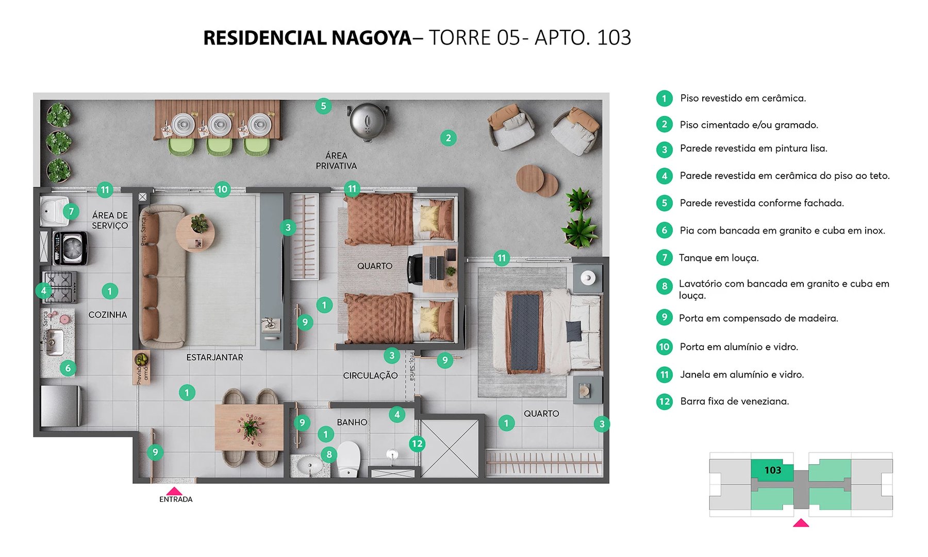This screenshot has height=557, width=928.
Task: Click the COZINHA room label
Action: (107, 315)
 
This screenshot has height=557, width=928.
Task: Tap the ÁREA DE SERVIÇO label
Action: (110, 220)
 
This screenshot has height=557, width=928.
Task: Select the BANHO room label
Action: (352, 422)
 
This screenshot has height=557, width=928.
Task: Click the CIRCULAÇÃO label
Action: (370, 375)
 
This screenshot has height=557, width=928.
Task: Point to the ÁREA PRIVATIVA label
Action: (336, 160)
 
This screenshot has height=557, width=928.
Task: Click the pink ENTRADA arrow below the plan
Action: (174, 491)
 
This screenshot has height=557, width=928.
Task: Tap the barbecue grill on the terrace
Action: (367, 122)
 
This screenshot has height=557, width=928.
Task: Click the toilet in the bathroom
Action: (349, 459)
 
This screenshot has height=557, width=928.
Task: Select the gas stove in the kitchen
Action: (59, 287)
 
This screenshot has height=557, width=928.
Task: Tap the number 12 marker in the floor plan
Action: (417, 444)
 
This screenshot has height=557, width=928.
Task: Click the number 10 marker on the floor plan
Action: (222, 189)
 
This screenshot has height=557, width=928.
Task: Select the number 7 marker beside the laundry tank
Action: (71, 211)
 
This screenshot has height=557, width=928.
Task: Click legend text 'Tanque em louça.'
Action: (718, 258)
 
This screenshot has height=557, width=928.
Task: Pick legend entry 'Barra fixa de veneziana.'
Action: (734, 401)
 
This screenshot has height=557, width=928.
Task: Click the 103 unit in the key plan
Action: (772, 470)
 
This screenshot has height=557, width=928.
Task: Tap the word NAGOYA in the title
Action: (371, 38)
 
